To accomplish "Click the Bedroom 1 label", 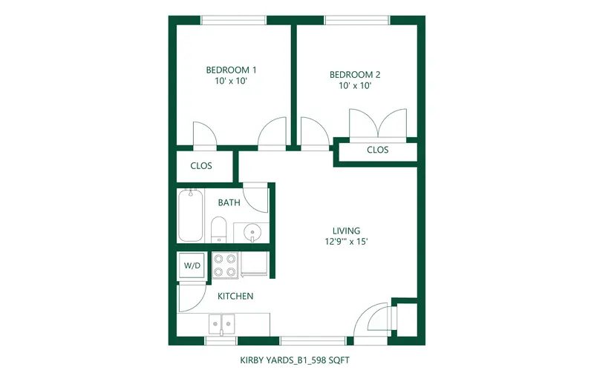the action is coord(231,70).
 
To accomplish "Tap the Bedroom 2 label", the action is coord(355,75).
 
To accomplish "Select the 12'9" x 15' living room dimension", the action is coord(346,242).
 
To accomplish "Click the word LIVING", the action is coord(346,231).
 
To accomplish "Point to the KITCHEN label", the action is coord(235,297).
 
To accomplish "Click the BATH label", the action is coord(229,202).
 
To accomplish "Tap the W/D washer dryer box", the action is coord(192,265).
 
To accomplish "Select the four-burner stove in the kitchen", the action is coord(225,265).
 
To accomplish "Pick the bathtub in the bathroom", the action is coord(191,215).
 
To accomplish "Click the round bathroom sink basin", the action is coord(252,231).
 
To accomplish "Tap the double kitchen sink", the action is coord(221,324).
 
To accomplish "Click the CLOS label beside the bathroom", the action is coord(201,166).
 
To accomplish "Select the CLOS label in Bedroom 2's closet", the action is coord(378,150).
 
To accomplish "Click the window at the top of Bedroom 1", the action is coord(233,20).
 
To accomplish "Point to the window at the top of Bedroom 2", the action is coord(357,20).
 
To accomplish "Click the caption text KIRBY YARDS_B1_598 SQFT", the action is coord(295,360).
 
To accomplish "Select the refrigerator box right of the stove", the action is coord(254,264).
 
